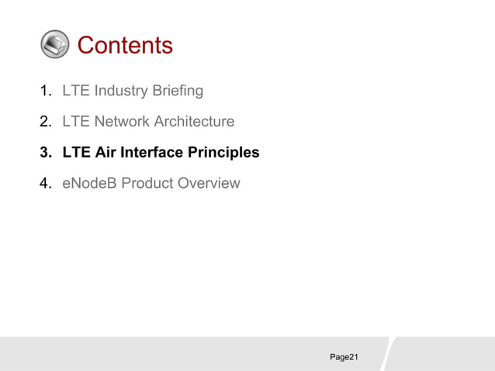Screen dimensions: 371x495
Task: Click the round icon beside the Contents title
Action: (54, 45)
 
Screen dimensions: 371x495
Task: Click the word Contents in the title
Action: (125, 45)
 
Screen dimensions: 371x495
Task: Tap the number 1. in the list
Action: (47, 91)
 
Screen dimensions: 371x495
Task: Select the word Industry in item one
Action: (121, 91)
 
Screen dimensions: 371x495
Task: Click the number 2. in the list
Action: (47, 122)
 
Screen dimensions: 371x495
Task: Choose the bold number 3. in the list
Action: (47, 153)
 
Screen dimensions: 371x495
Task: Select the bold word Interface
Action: (153, 153)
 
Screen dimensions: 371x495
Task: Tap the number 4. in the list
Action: (47, 184)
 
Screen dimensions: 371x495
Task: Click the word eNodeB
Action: (88, 184)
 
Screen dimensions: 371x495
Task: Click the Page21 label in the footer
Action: (344, 357)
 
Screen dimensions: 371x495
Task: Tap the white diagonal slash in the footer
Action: (387, 353)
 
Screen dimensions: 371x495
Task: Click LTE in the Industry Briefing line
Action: (76, 91)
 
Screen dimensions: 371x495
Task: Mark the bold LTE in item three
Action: (76, 153)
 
